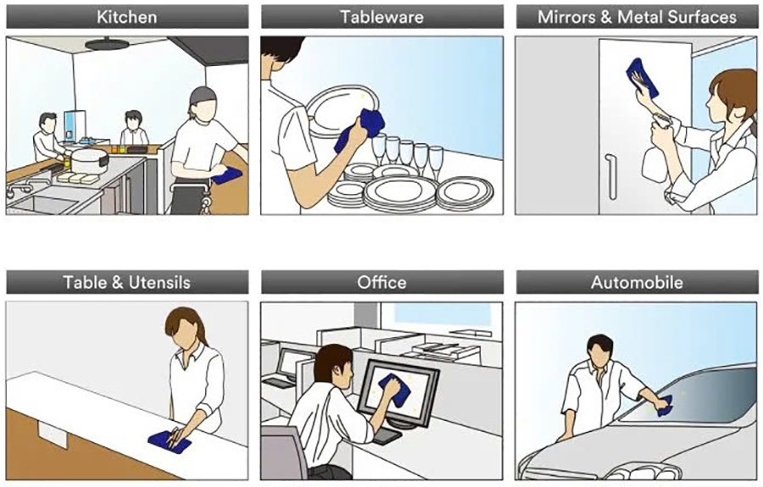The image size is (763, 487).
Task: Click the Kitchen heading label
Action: (126, 17)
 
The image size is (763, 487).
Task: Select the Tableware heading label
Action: (382, 17)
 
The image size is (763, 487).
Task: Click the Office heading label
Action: (382, 282)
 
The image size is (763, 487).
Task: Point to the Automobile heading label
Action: (637, 282)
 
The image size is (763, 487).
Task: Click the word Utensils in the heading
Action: (159, 282)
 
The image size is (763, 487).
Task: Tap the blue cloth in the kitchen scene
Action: (226, 175)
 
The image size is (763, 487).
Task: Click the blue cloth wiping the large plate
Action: (360, 130)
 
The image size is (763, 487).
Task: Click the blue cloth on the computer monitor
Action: (395, 390)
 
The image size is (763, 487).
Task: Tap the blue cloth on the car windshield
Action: (665, 407)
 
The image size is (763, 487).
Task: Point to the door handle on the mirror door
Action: (610, 176)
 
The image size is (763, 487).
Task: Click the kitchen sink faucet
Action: (19, 189)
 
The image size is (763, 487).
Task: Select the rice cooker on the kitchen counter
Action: (89, 160)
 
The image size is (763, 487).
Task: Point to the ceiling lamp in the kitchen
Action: (107, 44)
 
